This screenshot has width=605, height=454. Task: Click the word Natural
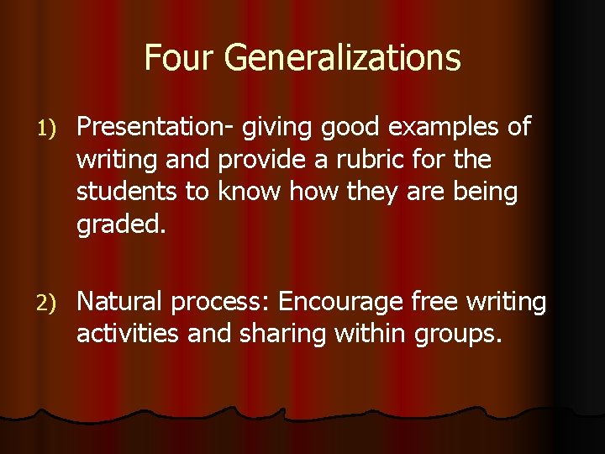124,301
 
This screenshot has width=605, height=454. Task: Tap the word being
486,191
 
